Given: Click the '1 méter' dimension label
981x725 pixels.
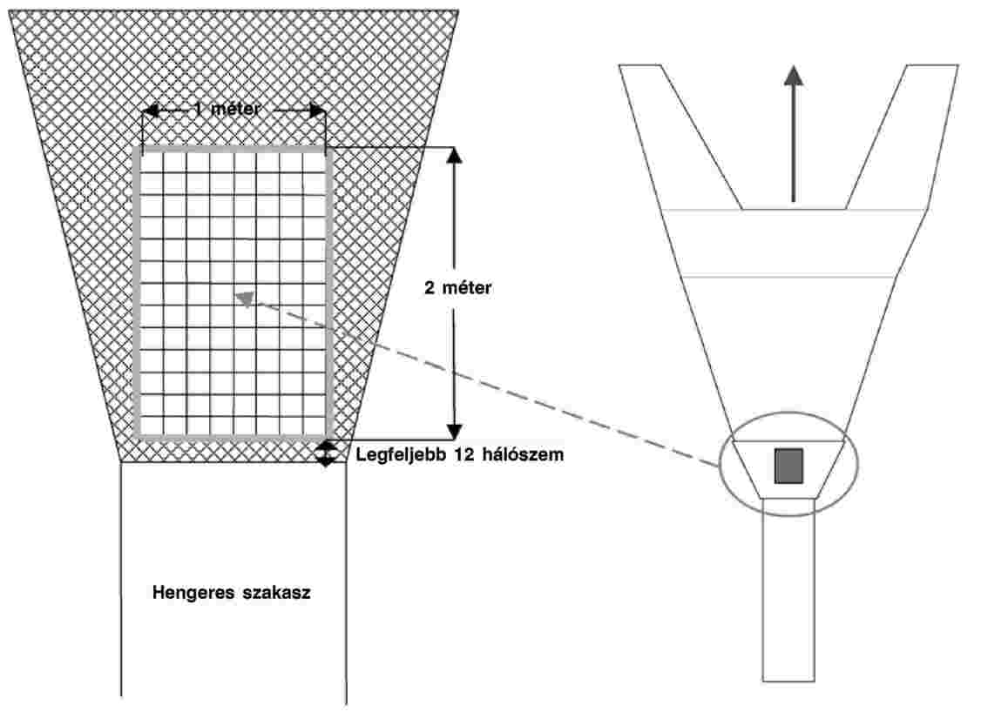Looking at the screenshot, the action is coord(227,109).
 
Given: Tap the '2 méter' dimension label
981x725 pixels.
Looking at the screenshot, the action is coord(458,288).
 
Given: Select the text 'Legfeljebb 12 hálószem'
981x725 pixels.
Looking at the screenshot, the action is coord(460,454).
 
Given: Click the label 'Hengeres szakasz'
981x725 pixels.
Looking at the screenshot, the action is coord(232,593).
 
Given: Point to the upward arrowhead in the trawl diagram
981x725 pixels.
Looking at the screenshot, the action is coord(794,75).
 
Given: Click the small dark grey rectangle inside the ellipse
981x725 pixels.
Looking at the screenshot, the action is coord(788,466).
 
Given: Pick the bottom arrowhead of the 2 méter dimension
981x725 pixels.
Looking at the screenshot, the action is coord(455,432).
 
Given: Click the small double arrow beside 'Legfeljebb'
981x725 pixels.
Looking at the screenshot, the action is coord(325,453).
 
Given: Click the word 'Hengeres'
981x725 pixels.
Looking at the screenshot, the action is coord(193,593).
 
